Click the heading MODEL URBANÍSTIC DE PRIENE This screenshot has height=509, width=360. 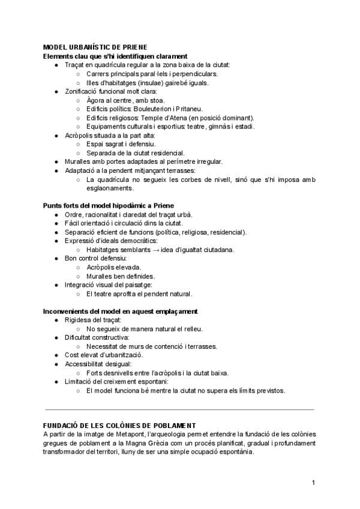95,47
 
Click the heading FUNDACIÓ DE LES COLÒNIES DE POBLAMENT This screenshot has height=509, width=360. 120,426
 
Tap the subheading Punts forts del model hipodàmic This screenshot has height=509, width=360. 108,205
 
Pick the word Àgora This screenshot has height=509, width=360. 96,100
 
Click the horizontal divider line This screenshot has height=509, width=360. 179,409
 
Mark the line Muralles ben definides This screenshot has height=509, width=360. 120,276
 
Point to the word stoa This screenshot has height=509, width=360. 156,100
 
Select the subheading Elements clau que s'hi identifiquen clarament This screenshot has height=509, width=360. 116,56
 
